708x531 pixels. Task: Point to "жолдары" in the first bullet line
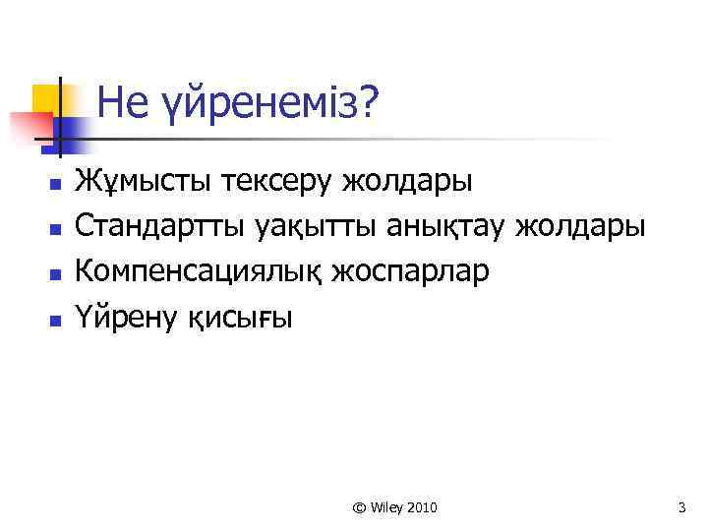click(x=406, y=183)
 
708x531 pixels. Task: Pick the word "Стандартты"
click(x=160, y=227)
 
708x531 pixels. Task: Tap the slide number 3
click(x=680, y=507)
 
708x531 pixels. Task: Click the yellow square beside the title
click(x=44, y=99)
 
